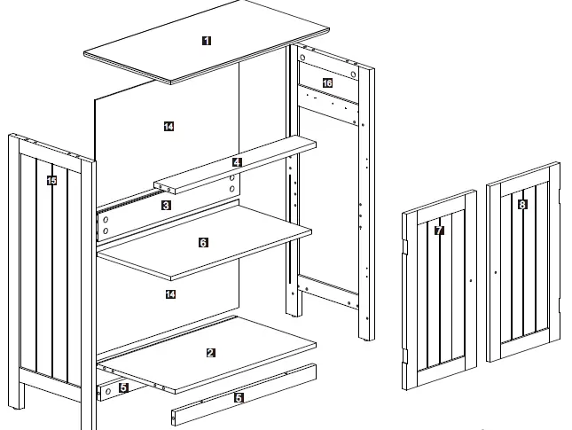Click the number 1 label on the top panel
[207, 40]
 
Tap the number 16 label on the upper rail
[327, 83]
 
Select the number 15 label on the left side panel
[51, 180]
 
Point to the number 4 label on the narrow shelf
[237, 163]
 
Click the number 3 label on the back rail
[166, 205]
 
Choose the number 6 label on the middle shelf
[203, 242]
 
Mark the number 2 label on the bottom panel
[210, 352]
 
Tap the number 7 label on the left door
[439, 231]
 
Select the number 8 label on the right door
[521, 205]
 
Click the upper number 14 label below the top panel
[168, 127]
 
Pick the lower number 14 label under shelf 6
[168, 293]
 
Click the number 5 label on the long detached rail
[238, 398]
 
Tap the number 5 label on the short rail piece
[123, 387]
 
